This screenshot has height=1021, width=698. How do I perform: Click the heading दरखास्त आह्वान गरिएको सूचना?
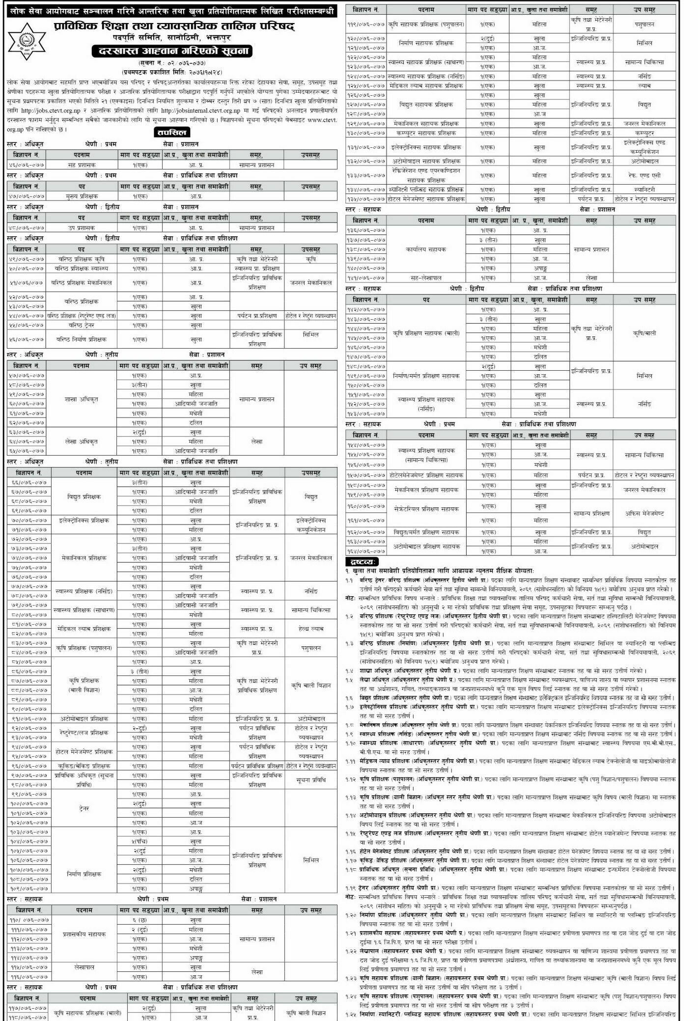click(171, 52)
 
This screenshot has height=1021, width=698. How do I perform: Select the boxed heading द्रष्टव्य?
click(362, 562)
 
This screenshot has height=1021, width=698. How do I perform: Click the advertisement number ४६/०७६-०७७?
click(27, 165)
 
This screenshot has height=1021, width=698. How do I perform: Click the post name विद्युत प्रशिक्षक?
click(84, 497)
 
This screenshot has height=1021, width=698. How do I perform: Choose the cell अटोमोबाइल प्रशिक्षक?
click(84, 718)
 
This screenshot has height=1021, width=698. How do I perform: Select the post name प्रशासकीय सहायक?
click(84, 934)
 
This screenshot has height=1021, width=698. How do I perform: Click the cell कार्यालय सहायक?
click(426, 249)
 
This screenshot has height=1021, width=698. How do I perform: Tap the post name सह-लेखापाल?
click(426, 278)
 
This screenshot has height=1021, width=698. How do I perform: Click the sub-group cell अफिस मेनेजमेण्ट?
click(644, 513)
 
